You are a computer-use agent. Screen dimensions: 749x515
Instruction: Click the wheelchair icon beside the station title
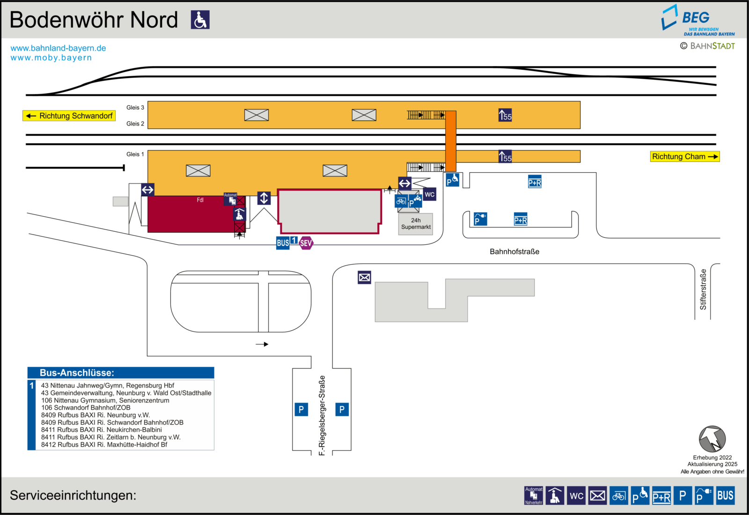point(200,19)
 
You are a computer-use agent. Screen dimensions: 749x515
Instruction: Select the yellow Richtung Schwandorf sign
point(69,116)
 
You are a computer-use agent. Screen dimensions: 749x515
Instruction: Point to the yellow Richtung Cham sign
point(685,156)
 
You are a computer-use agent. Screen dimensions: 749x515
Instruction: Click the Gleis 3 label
point(135,107)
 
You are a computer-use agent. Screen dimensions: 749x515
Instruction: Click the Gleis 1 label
point(135,154)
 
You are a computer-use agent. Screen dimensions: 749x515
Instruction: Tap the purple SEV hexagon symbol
point(306,243)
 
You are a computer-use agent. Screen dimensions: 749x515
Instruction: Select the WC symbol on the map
point(429,194)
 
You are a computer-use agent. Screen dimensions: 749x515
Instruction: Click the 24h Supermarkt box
point(416,224)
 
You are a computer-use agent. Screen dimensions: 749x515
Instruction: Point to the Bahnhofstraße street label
point(514,251)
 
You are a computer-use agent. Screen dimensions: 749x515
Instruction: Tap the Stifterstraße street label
point(703,289)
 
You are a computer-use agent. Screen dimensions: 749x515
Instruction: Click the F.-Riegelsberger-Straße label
point(322,415)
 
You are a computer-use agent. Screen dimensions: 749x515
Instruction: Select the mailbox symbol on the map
point(364,277)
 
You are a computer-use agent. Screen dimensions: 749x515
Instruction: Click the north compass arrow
point(712,439)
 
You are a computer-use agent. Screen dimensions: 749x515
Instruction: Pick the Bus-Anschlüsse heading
point(77,373)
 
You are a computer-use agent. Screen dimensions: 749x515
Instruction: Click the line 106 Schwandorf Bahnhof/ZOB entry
point(86,408)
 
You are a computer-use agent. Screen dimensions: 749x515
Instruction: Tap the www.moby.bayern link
point(51,58)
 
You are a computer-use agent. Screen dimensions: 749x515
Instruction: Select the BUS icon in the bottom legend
point(725,495)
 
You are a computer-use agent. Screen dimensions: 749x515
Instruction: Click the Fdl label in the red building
point(200,200)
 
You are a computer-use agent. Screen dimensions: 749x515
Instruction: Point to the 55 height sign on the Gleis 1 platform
point(505,156)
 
